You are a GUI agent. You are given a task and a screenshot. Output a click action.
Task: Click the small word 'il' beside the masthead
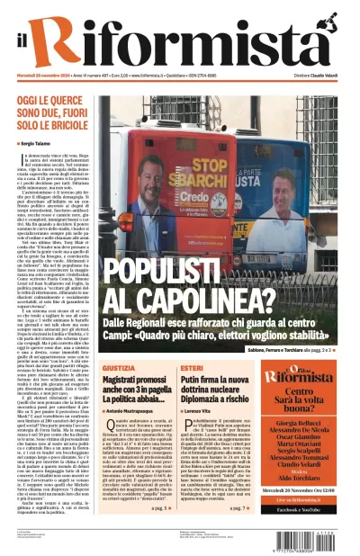tap(26, 42)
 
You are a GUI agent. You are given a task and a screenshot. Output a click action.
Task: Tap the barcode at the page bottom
tap(310, 534)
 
